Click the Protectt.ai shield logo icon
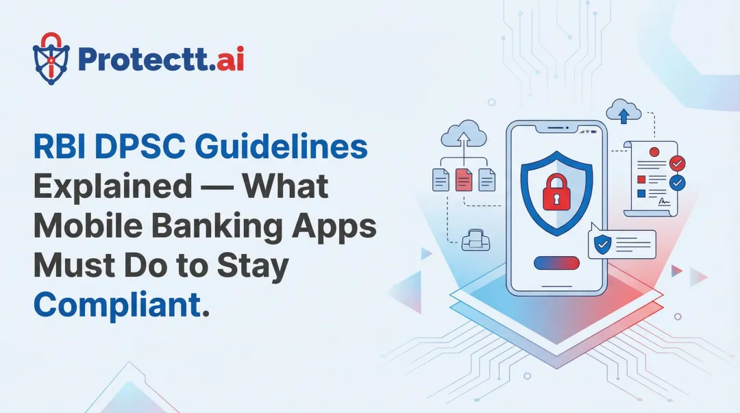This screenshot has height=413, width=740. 51,58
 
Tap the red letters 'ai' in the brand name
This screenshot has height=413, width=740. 228,60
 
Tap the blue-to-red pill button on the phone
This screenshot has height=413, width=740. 556,263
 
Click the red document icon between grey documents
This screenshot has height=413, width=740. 464,179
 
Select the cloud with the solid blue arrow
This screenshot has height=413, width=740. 624,113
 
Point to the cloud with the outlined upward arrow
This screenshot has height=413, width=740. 465,134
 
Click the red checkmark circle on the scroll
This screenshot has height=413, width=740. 677,164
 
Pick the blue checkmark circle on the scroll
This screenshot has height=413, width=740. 677,183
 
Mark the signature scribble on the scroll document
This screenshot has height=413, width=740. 664,202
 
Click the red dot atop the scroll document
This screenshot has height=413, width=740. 654,151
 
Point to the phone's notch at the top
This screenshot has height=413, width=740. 556,130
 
